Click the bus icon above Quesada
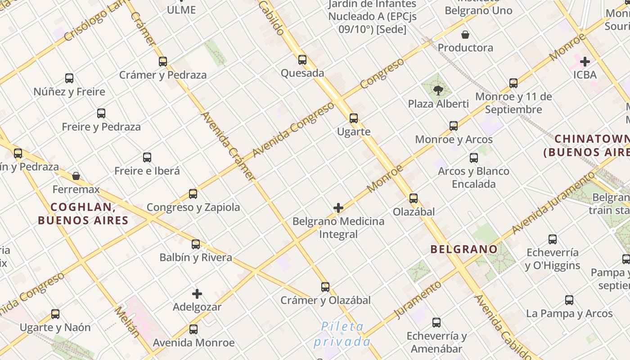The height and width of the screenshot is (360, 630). point(302,60)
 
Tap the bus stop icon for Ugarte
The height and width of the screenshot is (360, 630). point(354,118)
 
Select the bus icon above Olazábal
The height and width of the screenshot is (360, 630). point(414,198)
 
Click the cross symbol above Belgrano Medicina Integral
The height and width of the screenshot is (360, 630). point(338,208)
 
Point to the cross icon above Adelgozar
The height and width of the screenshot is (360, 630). point(197,294)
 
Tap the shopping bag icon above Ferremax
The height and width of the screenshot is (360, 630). point(76,176)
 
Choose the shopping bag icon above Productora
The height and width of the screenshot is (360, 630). point(465,35)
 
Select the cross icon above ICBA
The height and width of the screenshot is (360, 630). point(585,61)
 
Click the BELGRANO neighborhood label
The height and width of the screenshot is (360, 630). point(464,249)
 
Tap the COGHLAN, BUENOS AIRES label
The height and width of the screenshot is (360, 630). point(83,214)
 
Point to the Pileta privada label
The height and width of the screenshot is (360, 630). point(342,333)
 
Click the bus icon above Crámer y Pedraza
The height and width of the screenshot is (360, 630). point(163,62)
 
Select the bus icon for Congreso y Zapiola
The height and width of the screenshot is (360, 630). point(193,194)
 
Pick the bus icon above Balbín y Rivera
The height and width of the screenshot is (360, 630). point(196,244)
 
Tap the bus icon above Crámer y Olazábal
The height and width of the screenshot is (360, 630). point(325,287)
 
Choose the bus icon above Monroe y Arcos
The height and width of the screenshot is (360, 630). point(454,126)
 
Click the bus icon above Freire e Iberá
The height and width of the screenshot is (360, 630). point(147,157)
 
